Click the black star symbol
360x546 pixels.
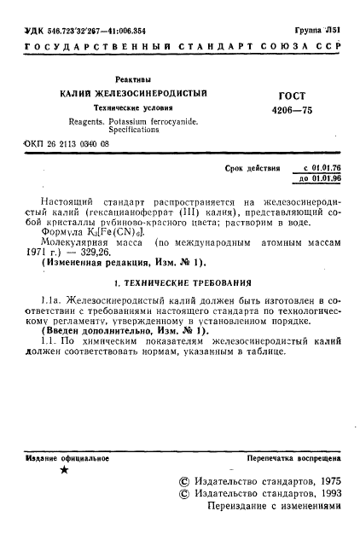(64, 471)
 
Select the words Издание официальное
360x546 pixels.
(62, 459)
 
